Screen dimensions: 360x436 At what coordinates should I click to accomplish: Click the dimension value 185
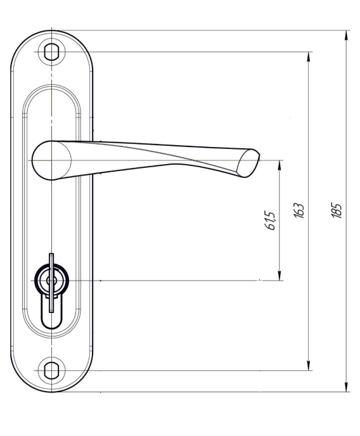pos(337,210)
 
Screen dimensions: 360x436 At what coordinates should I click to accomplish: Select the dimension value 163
pos(299,210)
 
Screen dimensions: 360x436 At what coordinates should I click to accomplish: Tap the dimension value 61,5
pos(270,221)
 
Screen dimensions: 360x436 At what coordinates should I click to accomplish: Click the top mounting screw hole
pos(51,52)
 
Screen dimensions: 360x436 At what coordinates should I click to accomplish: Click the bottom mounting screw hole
pos(51,370)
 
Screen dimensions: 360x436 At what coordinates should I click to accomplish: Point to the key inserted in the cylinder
pos(51,283)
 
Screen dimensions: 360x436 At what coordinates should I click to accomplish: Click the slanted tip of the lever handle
pos(248,163)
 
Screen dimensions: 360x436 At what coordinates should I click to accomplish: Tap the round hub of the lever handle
pos(51,160)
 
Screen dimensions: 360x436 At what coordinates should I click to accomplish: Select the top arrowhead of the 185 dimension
pos(346,36)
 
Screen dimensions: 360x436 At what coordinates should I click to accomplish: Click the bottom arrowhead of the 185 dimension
pos(346,386)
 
